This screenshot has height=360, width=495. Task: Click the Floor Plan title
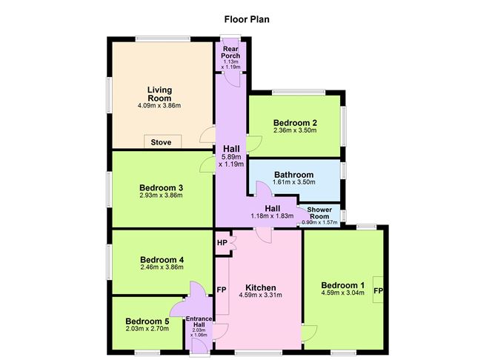(247, 19)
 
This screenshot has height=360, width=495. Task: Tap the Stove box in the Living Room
(162, 141)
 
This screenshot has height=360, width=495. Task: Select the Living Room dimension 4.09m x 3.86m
(159, 105)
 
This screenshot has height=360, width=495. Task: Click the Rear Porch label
(230, 52)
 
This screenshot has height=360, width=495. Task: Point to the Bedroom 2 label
(295, 123)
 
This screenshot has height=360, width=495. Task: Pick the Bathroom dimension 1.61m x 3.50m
(294, 182)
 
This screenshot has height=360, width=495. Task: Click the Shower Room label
(319, 213)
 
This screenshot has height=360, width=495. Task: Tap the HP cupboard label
(222, 243)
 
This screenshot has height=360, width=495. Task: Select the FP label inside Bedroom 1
(378, 290)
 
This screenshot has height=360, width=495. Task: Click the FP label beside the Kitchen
(222, 290)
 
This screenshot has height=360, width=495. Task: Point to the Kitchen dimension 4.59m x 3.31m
(260, 296)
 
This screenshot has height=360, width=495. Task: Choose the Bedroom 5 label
(147, 321)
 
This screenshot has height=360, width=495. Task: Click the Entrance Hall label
(199, 321)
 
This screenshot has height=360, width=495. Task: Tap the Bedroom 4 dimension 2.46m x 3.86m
(162, 267)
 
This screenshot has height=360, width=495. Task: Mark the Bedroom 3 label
(161, 187)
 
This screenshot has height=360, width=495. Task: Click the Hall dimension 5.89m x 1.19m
(231, 161)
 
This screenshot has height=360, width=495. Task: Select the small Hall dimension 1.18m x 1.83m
(272, 216)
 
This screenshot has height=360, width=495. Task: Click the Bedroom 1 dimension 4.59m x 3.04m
(342, 293)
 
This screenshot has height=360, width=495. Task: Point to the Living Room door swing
(207, 135)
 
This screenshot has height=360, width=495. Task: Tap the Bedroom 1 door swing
(310, 333)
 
